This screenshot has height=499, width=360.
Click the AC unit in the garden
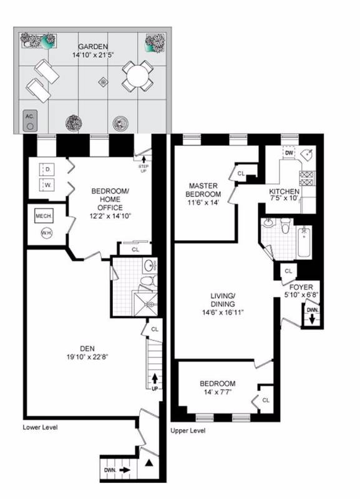(x=30, y=120)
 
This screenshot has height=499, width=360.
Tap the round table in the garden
(x=137, y=76)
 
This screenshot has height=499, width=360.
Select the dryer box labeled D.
(x=48, y=170)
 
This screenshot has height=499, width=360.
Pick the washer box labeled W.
(x=48, y=185)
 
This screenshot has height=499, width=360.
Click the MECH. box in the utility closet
(x=44, y=216)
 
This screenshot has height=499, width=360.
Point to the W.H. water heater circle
(x=46, y=233)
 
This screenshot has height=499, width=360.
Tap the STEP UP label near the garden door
(x=144, y=168)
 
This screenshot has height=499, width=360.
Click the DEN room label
(x=87, y=349)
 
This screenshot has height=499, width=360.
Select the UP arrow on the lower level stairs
(x=155, y=379)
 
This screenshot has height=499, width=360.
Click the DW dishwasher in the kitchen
(x=289, y=153)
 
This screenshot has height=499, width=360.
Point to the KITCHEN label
(x=285, y=191)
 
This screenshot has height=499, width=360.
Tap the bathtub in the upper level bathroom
(x=304, y=242)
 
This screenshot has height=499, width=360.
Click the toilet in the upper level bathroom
(x=287, y=225)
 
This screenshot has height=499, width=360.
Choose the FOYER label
(x=301, y=287)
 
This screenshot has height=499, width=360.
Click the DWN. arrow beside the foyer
(x=312, y=319)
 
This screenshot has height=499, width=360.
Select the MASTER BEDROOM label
(x=203, y=190)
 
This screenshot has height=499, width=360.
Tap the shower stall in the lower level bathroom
(x=145, y=304)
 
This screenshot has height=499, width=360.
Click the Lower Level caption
(x=40, y=427)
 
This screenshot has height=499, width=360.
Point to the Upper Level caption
(x=188, y=430)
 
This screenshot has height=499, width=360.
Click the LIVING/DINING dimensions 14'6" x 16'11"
(x=223, y=312)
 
